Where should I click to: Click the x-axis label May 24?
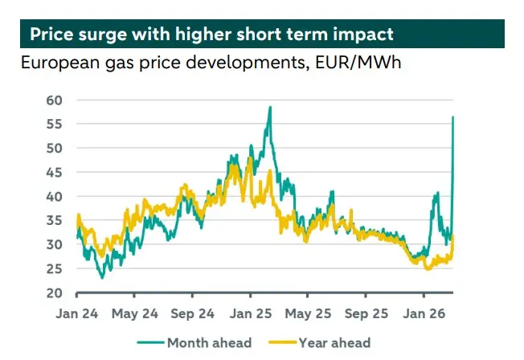click(134, 313)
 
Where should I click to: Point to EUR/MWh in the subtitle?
click(360, 63)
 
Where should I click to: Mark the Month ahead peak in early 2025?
click(269, 107)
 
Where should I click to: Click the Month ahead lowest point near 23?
click(102, 278)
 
